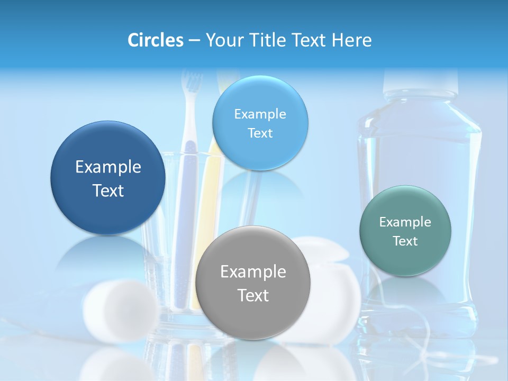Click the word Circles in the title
point(156,40)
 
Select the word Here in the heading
point(352,40)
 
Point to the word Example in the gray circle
point(253,271)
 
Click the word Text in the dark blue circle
point(108,190)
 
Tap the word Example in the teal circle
point(405,222)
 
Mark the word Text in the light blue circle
point(260,133)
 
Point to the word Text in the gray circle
point(253,295)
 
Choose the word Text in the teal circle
point(405,241)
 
